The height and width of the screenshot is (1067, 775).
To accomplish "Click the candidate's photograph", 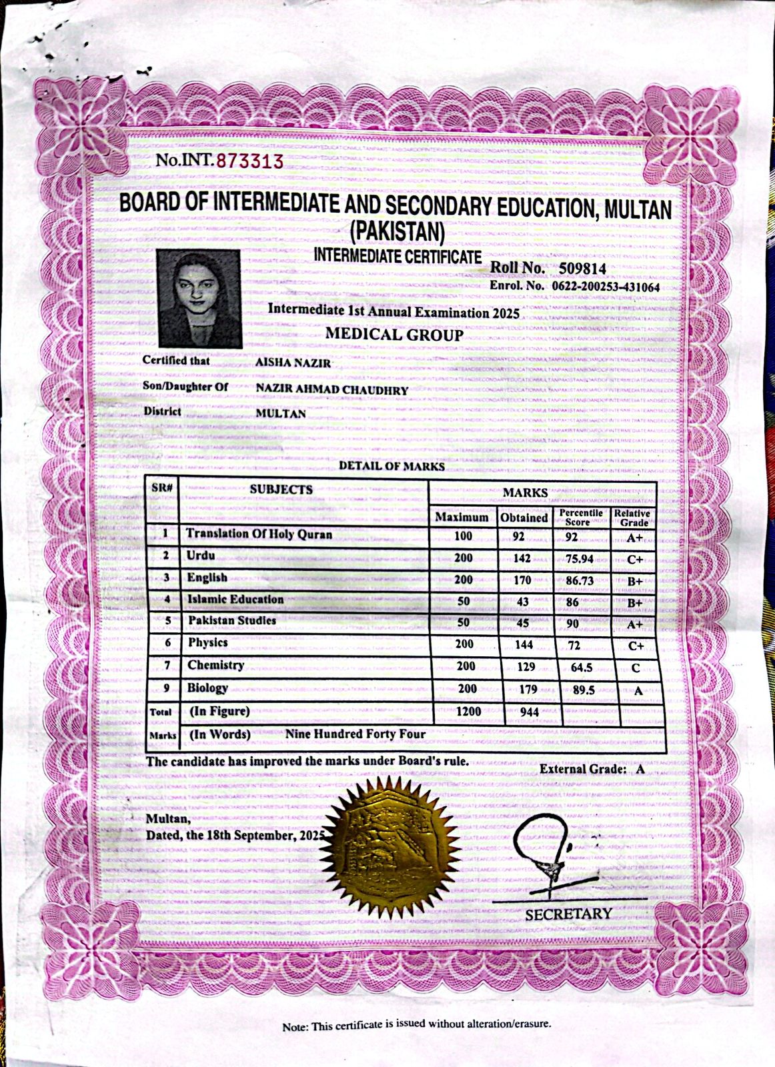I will pos(199,299).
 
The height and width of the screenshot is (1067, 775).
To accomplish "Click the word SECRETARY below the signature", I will pos(568,914).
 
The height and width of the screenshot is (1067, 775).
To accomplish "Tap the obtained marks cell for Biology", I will pos(528,690).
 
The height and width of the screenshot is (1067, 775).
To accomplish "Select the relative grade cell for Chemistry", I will pos(636,668).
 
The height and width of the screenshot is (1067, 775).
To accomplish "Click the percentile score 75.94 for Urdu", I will pos(579,559).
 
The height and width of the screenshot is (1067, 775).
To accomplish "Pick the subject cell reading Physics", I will pos(207,643).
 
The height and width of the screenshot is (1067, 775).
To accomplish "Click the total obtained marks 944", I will pos(529,712).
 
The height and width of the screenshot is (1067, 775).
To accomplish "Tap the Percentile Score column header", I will pos(581,517).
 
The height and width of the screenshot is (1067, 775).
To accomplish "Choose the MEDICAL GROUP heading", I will pos(394,335).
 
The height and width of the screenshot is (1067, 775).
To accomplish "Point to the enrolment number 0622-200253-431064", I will pos(605,287).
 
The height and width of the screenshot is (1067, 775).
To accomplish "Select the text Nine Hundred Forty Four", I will pos(355,734).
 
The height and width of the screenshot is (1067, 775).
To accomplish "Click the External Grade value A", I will pos(640,769).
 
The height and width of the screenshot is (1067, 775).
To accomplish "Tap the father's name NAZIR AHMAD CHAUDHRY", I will pos(331,390).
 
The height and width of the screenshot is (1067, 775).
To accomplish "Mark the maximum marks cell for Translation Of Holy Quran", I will pos(463,536).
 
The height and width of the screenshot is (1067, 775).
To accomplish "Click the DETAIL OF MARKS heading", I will pos(392,466).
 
